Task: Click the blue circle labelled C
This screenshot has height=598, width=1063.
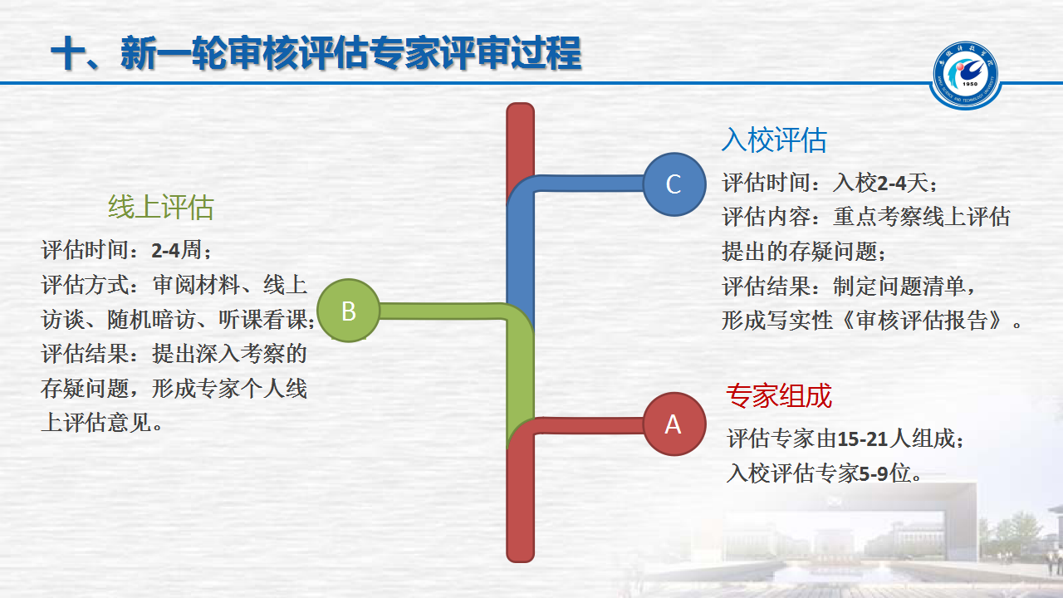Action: point(674,184)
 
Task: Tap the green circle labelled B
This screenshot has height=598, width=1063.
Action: point(348,311)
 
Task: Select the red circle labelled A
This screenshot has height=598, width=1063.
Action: point(674,424)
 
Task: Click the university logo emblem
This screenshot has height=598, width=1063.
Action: point(965,76)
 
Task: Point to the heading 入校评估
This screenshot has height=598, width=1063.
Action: point(774,140)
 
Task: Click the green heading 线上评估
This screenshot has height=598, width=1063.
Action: point(161,207)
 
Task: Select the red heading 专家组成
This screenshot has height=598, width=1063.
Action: point(779,395)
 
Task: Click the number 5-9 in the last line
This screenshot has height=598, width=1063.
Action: point(874,473)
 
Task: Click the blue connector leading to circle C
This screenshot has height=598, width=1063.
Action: point(584,184)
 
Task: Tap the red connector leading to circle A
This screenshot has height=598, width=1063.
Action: point(589,426)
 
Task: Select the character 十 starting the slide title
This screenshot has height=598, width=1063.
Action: point(68,53)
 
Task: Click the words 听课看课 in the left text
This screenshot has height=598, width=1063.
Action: point(263,320)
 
